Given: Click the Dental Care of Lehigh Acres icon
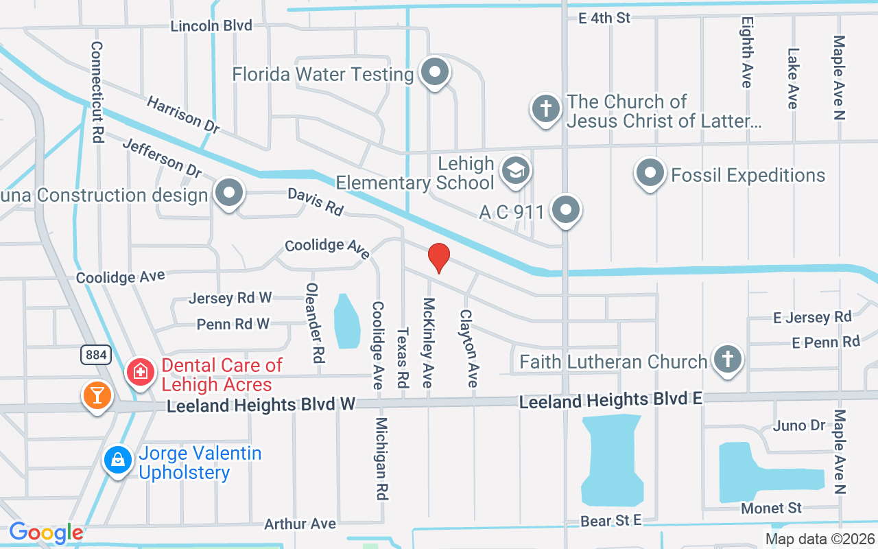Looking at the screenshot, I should click(x=141, y=373).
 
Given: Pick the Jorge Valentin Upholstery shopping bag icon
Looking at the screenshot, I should click(x=118, y=460).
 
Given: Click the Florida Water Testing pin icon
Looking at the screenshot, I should click(x=434, y=72).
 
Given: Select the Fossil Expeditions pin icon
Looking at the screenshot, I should click(x=650, y=174).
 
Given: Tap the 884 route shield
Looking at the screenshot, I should click(x=94, y=354).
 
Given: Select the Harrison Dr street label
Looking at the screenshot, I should click(x=183, y=115).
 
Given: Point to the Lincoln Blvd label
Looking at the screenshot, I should click(x=211, y=26).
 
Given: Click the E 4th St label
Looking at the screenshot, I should click(x=604, y=19).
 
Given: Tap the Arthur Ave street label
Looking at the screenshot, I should click(x=300, y=524).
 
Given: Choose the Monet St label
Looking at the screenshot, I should click(x=771, y=509).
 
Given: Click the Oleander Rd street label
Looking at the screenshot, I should click(x=314, y=323).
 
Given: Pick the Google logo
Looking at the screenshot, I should click(x=46, y=533).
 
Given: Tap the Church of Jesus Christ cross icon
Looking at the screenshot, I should click(x=545, y=109).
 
